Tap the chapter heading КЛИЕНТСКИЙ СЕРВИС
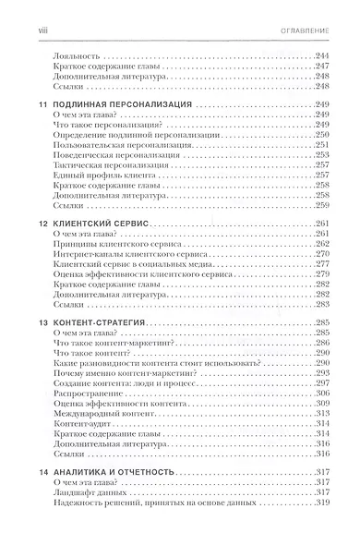click(x=95, y=224)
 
